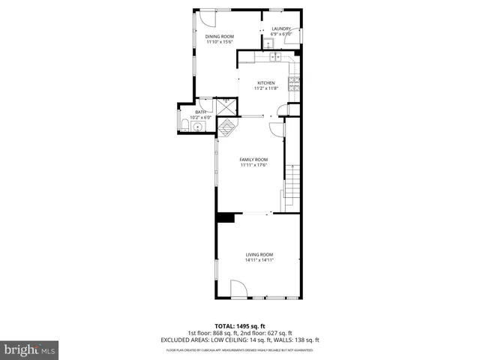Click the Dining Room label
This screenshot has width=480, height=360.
pos(220,36)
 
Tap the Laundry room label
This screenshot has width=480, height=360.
pos(280,29)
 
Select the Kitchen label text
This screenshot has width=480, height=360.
pos(266,82)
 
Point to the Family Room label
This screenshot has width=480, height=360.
pos(253,159)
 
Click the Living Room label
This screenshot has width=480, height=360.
pos(259,254)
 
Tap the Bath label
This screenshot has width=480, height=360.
pos(200,112)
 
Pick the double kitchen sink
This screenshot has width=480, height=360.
pos(274,56)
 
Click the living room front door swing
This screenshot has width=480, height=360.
pos(238,288)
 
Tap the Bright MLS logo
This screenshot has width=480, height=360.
pos(30,349)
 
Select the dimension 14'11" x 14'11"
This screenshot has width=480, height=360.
pos(259,260)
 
